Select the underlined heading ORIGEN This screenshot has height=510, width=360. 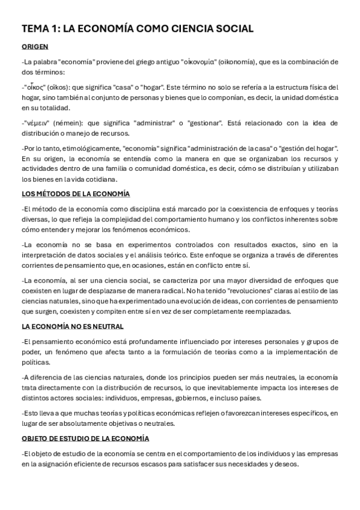coord(35,47)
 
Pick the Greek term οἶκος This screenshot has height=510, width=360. coord(36,87)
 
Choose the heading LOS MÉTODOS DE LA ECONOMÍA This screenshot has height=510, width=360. coord(75,194)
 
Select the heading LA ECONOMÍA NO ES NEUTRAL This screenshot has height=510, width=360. coord(73,327)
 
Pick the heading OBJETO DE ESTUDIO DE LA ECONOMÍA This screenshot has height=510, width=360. coord(85,438)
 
